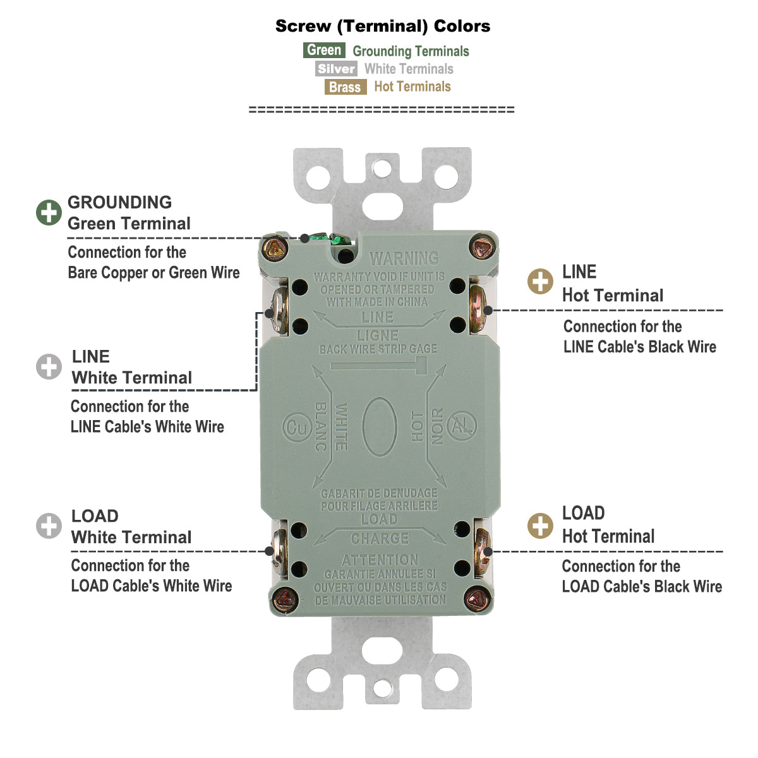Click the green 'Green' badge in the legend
(324, 51)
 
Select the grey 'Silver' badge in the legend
(336, 69)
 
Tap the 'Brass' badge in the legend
(345, 87)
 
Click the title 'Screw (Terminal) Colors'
(383, 27)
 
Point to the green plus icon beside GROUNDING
(49, 213)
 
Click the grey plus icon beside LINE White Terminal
(49, 367)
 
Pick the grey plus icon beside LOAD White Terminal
(49, 526)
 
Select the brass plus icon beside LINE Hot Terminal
(540, 282)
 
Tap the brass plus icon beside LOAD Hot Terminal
(540, 526)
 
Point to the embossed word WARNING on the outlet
(404, 258)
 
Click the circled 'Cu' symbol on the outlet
(295, 427)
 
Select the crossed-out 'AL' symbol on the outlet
(462, 427)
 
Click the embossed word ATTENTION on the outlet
(380, 560)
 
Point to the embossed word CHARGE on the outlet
(380, 539)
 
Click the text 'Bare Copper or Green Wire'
(153, 273)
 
